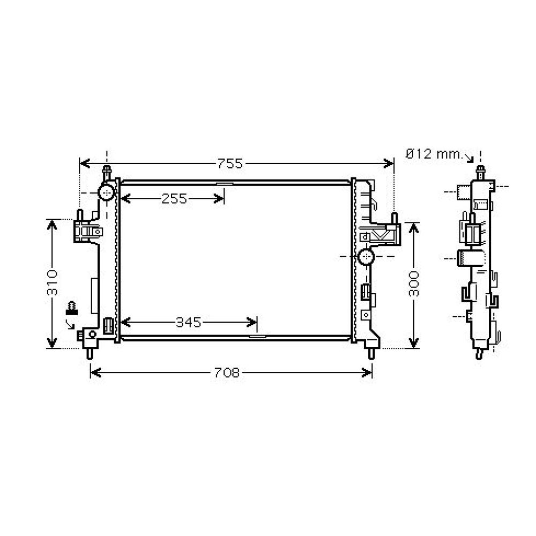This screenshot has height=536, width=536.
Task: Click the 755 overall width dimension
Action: [x=230, y=164]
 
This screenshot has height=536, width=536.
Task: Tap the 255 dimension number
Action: [x=174, y=199]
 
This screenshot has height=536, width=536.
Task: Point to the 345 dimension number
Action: [x=188, y=322]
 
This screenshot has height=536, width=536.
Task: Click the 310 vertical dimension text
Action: [x=52, y=283]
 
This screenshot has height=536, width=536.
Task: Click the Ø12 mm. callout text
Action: [x=434, y=154]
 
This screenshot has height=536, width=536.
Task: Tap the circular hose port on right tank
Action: [x=367, y=256]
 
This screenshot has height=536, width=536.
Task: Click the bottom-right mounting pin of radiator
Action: [x=370, y=353]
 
